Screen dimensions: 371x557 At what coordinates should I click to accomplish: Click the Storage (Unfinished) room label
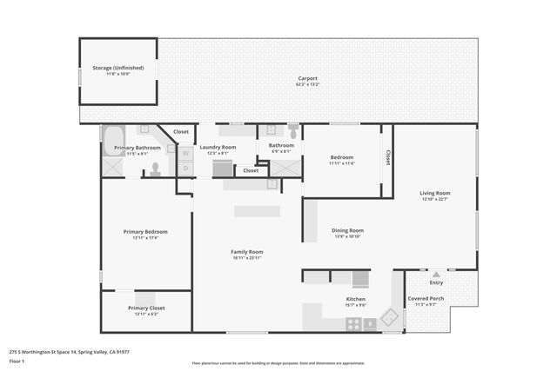118,67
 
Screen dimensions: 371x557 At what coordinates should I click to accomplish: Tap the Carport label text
307,77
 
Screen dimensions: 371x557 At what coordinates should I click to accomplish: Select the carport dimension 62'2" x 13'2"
307,84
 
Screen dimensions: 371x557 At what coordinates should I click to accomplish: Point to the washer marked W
185,154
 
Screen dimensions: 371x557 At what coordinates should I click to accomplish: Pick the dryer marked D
185,167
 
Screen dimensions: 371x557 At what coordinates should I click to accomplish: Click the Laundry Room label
218,147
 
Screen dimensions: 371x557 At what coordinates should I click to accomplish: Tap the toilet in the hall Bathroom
292,131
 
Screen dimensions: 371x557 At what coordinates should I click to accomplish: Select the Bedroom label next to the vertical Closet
342,156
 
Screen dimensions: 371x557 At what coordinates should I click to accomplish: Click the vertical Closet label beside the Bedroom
387,157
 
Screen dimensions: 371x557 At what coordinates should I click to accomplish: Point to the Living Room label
434,193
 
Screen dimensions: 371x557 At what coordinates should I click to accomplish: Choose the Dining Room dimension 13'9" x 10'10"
347,236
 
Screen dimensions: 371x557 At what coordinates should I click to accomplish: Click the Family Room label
246,251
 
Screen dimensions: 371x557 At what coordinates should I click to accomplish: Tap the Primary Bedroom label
145,231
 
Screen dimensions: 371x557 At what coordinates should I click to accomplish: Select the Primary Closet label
145,308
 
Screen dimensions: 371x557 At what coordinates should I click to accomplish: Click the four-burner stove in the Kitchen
354,323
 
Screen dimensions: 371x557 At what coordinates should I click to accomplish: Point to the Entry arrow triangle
436,275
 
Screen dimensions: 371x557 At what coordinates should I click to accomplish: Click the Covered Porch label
426,298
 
